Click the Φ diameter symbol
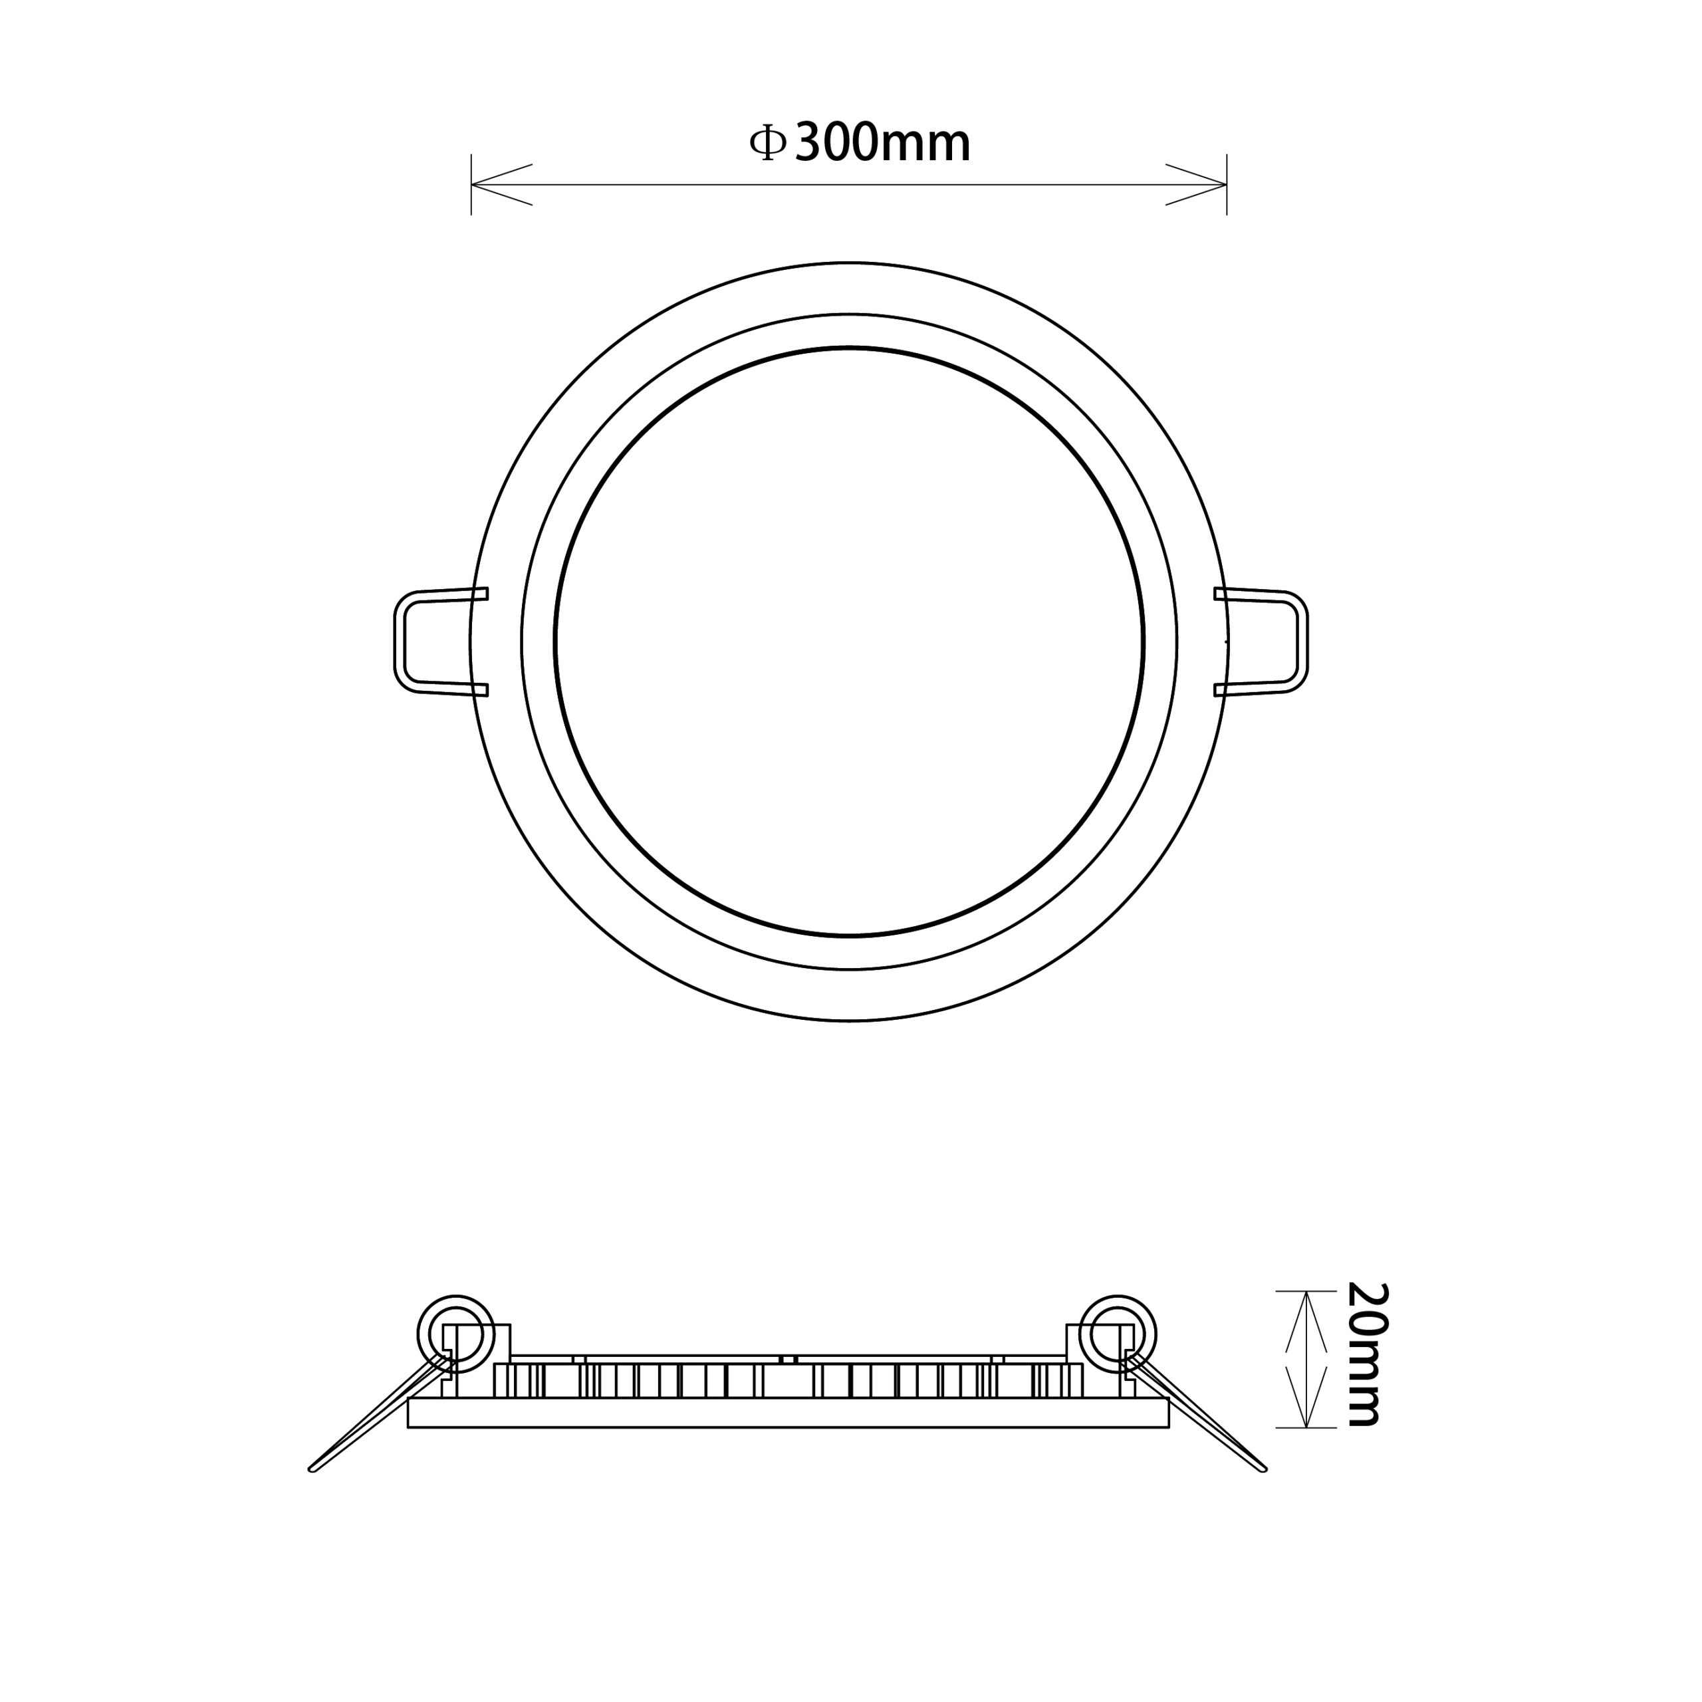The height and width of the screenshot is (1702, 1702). coord(767,143)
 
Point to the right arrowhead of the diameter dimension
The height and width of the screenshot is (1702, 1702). coord(1196,185)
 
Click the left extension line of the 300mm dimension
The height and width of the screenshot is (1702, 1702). coord(472,185)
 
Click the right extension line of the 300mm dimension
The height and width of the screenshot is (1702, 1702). coord(1227,185)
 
